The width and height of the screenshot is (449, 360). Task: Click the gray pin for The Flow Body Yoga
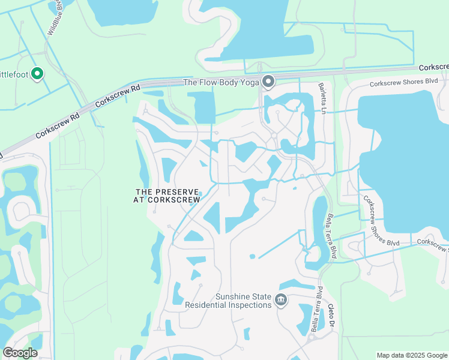[268, 80]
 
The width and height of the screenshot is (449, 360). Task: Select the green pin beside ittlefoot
[37, 74]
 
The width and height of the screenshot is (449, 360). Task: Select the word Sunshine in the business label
[236, 296]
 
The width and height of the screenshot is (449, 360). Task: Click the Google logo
[20, 353]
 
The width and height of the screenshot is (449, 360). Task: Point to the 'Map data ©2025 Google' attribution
[411, 355]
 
